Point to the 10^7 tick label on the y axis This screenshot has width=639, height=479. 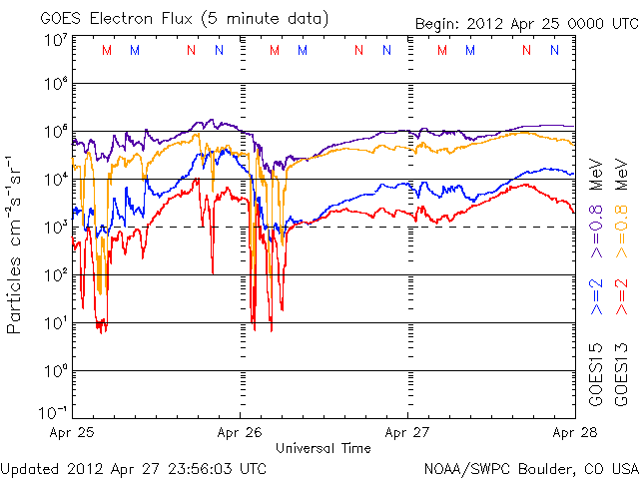54,40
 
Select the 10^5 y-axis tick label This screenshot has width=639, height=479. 54,132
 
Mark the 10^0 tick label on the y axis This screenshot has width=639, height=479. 54,371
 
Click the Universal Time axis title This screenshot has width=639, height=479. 323,448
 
